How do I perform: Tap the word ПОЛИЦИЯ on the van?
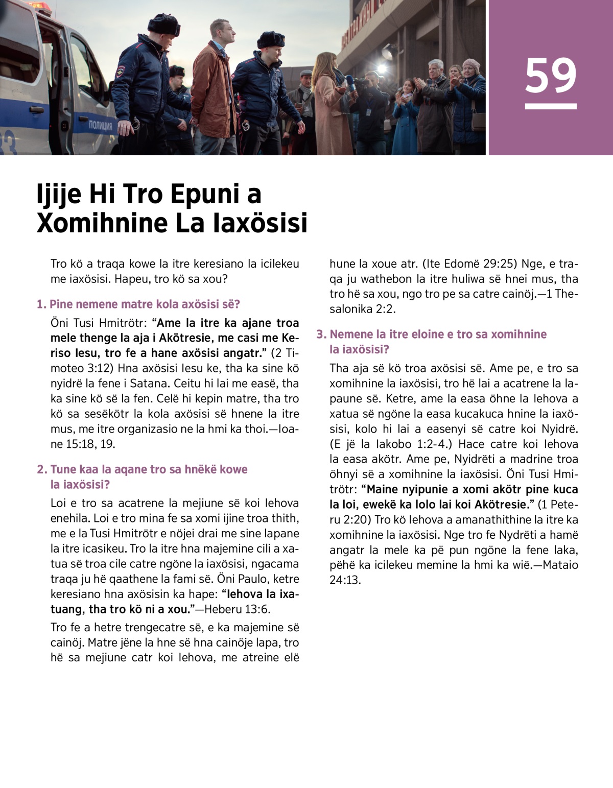[x=100, y=125]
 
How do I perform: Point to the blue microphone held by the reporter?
[x=350, y=82]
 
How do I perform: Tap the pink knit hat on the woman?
[x=470, y=65]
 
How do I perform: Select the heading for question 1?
[x=138, y=304]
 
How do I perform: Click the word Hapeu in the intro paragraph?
[x=129, y=279]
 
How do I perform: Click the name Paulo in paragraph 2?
[x=254, y=579]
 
